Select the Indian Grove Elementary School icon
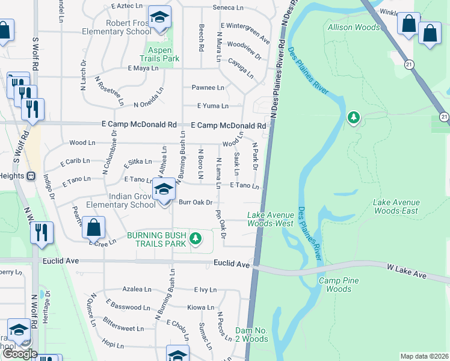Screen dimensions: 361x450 (x=163, y=191)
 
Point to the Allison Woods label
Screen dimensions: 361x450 (x=354, y=27)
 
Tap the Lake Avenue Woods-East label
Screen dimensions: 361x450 (x=395, y=206)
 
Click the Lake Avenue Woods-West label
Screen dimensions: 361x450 (x=271, y=219)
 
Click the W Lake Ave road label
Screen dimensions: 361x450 (x=406, y=274)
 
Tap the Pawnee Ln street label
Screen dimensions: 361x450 (x=208, y=87)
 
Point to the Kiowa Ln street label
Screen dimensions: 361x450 (x=200, y=307)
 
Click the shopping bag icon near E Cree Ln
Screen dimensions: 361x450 (x=93, y=229)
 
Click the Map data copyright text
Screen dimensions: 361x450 (x=424, y=356)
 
